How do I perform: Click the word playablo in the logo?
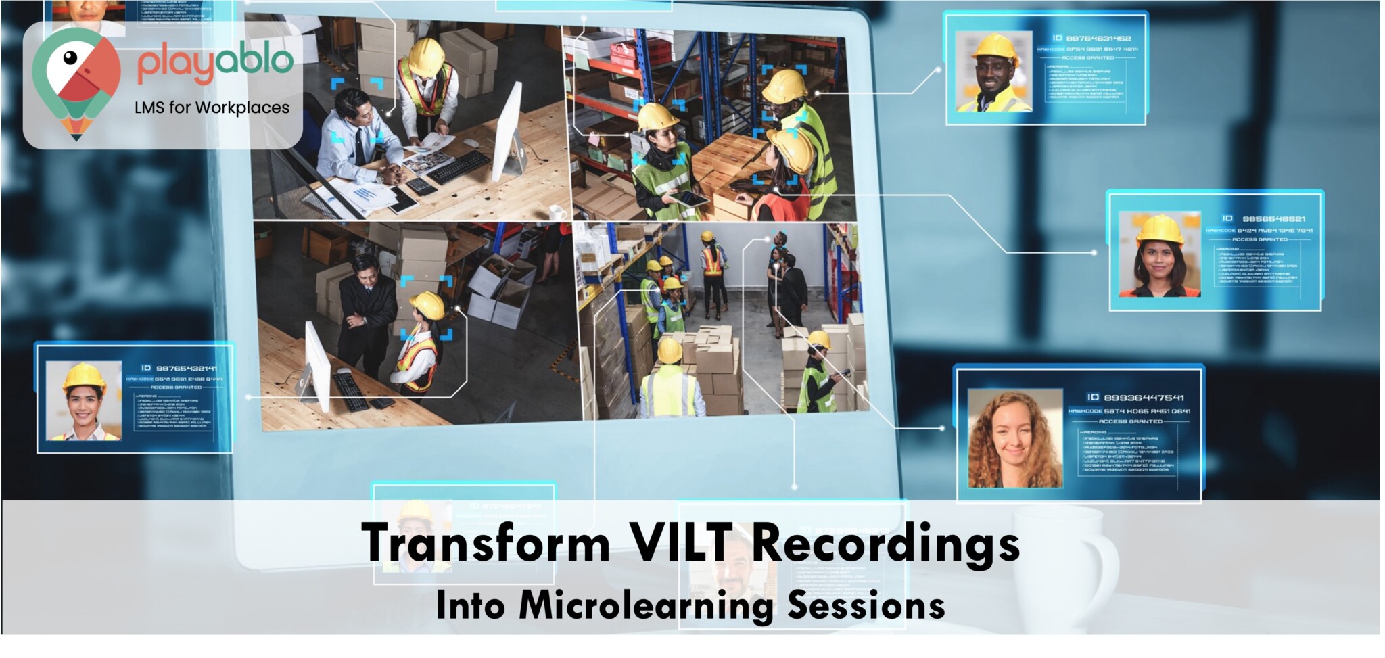tap(214, 64)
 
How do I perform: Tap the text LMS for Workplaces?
tap(212, 108)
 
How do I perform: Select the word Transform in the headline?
tap(486, 542)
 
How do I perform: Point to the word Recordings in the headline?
tap(885, 544)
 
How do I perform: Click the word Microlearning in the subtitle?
tap(646, 605)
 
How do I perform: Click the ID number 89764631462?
tap(1098, 39)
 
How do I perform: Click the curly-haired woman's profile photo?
tap(1014, 439)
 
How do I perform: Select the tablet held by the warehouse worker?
tap(689, 198)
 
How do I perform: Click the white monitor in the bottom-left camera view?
tap(317, 365)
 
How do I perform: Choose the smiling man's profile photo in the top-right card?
tap(993, 72)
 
